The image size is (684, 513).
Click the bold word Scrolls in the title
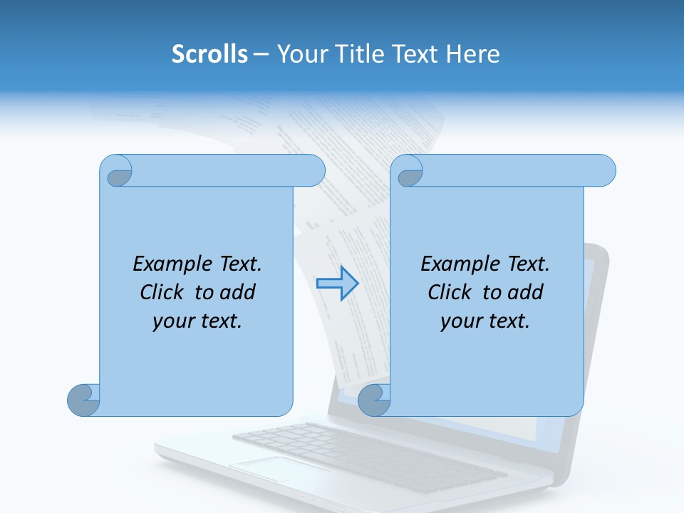tap(209, 53)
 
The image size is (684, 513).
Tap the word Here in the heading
tap(473, 53)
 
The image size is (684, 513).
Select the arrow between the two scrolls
tap(337, 284)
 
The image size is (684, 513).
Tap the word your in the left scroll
tap(173, 321)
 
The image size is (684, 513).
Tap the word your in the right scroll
tap(461, 321)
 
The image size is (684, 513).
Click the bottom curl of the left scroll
tap(83, 400)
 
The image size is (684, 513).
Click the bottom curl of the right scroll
tap(374, 400)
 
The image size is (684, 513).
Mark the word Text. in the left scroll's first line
tap(239, 264)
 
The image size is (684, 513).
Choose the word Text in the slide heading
tap(415, 53)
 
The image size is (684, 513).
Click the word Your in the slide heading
tap(299, 53)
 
